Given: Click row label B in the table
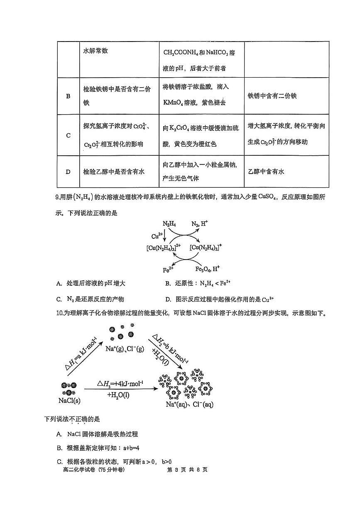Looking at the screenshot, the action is coord(68,96).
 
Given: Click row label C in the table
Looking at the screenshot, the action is coord(68,135).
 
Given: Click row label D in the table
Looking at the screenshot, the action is coord(68,172).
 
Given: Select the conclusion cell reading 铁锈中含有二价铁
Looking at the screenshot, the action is coord(272,96).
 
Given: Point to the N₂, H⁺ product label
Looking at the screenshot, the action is coord(200,224).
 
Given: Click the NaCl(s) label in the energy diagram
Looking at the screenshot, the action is coord(69,401).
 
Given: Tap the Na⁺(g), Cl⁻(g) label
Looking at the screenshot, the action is coord(124,348).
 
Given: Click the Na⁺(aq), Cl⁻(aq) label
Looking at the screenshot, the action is coord(189,405).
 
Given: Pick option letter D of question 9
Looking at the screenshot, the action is coord(168,299).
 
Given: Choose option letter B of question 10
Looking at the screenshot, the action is coord(59,448).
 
